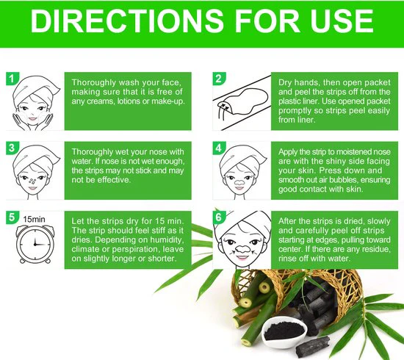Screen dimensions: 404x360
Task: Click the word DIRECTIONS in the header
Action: click(127, 21)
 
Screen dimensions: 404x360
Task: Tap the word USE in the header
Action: click(342, 21)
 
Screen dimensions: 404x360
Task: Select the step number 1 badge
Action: click(12, 79)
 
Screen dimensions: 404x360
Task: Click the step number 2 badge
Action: click(219, 79)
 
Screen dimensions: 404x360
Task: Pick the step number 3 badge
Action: click(12, 148)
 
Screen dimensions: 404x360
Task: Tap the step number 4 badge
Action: click(219, 148)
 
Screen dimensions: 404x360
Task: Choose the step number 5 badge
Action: click(12, 217)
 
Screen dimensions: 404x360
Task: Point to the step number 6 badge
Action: click(219, 217)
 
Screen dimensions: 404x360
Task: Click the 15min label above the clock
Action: click(34, 219)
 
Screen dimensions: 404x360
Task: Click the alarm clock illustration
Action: click(34, 244)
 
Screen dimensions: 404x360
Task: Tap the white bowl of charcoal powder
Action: click(284, 331)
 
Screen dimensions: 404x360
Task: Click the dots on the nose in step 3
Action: click(32, 181)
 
